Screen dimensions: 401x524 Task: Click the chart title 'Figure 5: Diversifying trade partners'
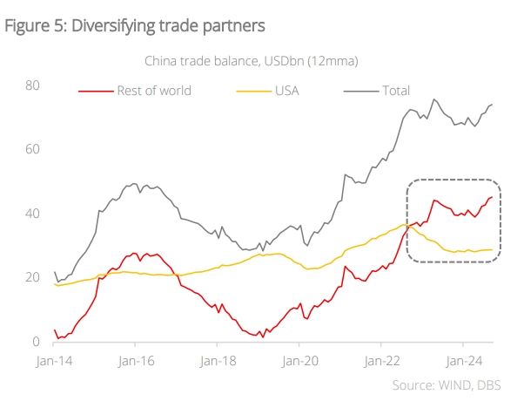pos(135,25)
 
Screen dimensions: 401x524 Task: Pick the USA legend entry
pos(288,90)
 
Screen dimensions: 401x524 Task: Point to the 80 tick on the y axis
pos(32,85)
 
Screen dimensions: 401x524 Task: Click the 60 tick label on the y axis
pos(32,149)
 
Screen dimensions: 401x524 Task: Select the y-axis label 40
pos(32,214)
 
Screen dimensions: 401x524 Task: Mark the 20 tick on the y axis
pos(32,277)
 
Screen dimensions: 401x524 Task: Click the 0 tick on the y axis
pos(37,342)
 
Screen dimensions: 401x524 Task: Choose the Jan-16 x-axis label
pos(137,359)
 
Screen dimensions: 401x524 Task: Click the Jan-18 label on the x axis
pos(218,359)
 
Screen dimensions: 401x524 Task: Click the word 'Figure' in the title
pos(26,25)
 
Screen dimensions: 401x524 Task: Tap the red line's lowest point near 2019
pos(262,336)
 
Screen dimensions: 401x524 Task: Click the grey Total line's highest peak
pos(434,99)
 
